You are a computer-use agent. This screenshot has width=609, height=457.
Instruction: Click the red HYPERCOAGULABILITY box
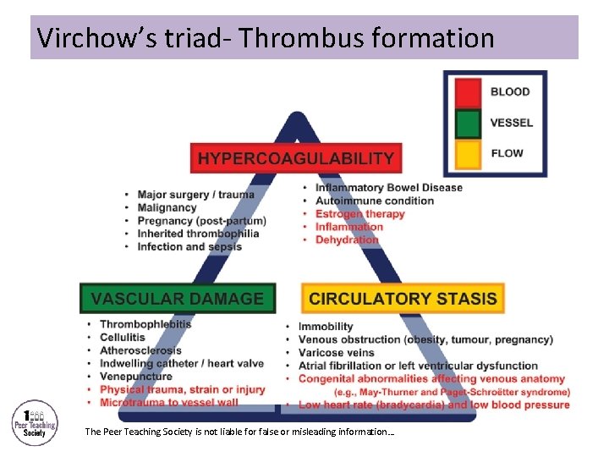(x=296, y=158)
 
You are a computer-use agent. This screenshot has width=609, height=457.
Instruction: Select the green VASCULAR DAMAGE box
(x=178, y=298)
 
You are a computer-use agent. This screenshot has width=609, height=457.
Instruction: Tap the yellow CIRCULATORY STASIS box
(x=403, y=298)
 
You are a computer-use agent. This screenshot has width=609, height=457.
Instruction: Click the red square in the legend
(x=467, y=92)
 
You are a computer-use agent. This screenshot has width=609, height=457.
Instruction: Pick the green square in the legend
(x=467, y=123)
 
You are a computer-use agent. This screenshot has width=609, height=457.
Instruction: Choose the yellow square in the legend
(x=467, y=153)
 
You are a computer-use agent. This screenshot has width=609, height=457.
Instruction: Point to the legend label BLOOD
(x=510, y=92)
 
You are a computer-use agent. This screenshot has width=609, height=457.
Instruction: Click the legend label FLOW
(x=507, y=153)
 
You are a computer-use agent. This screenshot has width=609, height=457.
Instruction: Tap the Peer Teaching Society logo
(x=35, y=421)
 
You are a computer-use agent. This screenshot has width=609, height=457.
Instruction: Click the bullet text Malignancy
(x=167, y=207)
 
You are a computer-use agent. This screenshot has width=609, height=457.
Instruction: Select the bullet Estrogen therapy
(x=360, y=214)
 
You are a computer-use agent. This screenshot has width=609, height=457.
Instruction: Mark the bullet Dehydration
(x=347, y=240)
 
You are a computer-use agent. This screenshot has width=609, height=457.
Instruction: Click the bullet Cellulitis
(x=123, y=337)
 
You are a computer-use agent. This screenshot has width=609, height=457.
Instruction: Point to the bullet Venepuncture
(x=135, y=376)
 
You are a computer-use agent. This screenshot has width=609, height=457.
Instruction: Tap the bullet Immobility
(x=326, y=327)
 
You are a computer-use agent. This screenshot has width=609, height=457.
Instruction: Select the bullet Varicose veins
(x=336, y=352)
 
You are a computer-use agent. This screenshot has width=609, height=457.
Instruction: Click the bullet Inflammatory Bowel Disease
(x=389, y=188)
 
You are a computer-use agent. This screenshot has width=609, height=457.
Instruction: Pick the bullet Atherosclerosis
(x=140, y=350)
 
